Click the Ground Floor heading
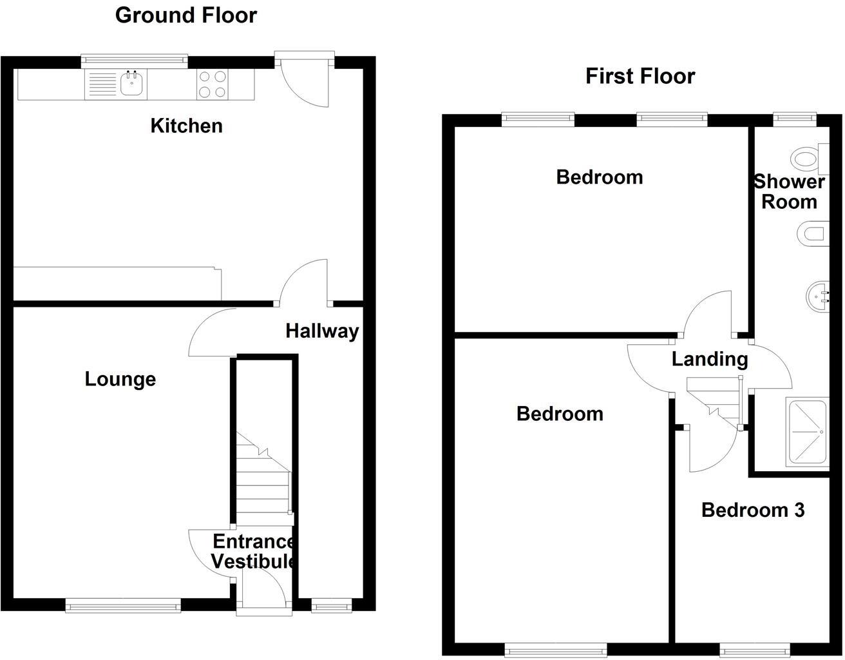pos(185,15)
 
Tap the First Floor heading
pos(640,76)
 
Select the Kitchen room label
pos(186,126)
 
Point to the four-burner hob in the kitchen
pos(212,84)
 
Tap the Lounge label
pos(120,379)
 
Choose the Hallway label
pos(322,331)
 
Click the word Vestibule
pos(253,561)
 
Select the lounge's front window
pos(123,604)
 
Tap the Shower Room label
pos(788,191)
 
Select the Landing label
pos(709,359)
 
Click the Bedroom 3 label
pos(752,510)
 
